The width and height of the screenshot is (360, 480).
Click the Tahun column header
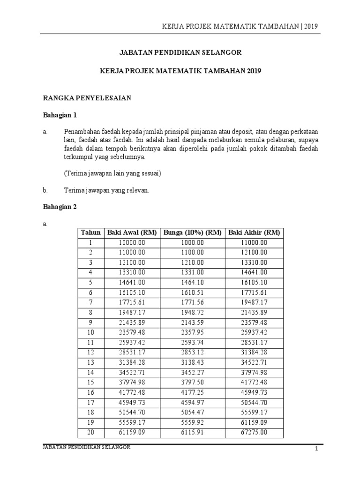(91, 233)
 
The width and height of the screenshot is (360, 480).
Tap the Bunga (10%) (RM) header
(193, 233)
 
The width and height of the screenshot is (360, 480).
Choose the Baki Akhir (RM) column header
(254, 233)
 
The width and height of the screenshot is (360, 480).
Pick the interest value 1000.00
(193, 243)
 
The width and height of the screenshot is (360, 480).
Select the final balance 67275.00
(254, 433)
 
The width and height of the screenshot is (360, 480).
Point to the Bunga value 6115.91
(193, 433)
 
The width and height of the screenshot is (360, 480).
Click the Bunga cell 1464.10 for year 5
(193, 283)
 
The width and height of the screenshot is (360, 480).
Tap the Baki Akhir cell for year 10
(254, 333)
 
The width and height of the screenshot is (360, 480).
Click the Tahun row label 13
(91, 363)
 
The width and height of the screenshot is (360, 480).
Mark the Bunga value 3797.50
(193, 382)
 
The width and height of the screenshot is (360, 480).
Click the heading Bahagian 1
(60, 115)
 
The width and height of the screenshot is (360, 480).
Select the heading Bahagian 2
(60, 207)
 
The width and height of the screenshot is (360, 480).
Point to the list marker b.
(45, 190)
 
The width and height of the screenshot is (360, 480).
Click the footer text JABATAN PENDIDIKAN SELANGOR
(87, 448)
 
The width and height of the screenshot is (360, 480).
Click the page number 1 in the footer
(316, 449)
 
